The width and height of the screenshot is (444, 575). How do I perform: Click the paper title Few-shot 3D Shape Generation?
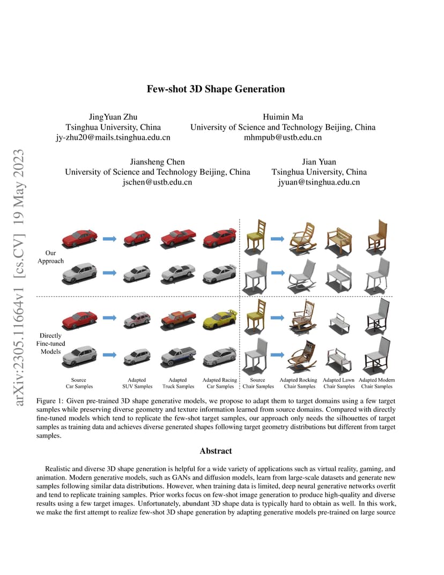[x=216, y=89]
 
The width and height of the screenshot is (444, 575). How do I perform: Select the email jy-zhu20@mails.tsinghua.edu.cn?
[x=113, y=137]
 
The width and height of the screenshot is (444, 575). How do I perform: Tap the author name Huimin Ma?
[x=283, y=117]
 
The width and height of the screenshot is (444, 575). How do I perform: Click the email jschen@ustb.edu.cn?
[x=157, y=182]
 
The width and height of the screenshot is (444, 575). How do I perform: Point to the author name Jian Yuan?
[x=319, y=162]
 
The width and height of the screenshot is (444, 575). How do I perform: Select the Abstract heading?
[x=216, y=451]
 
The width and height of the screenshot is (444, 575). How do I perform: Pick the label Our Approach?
[x=50, y=257]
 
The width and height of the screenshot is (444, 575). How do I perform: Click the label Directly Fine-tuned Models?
[x=50, y=344]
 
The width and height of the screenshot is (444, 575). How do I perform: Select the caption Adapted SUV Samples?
[x=137, y=383]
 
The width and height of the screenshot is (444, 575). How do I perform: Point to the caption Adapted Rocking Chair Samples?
[x=299, y=383]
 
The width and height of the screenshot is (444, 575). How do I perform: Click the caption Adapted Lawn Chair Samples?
[x=339, y=383]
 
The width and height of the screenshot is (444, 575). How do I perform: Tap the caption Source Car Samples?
[x=79, y=383]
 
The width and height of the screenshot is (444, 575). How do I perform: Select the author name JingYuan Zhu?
[x=113, y=117]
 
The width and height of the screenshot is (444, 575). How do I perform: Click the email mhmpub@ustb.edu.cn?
[x=283, y=137]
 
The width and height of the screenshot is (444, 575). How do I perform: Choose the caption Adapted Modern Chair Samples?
[x=376, y=383]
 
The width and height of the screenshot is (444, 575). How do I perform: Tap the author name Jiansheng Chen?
[x=157, y=162]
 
